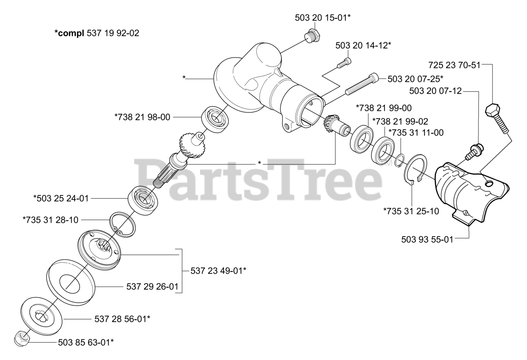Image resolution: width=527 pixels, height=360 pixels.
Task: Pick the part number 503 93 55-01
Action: click(427, 239)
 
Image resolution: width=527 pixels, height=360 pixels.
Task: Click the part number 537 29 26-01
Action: click(152, 287)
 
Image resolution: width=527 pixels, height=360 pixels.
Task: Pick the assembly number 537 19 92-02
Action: click(113, 33)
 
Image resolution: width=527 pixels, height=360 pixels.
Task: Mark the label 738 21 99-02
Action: click(400, 121)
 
